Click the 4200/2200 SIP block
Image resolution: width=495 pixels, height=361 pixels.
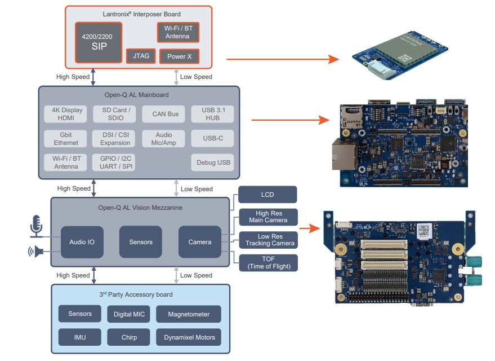[x=99, y=42]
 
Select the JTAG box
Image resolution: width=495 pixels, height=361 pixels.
[x=140, y=56]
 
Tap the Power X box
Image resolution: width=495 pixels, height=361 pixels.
[x=179, y=56]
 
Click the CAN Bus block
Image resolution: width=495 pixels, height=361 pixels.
[x=165, y=114]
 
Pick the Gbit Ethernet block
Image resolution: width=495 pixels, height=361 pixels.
[x=66, y=139]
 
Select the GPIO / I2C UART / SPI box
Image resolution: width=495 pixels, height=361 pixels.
[x=115, y=163]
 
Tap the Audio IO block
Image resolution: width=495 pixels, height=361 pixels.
[x=82, y=242]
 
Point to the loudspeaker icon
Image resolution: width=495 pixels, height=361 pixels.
[x=36, y=252]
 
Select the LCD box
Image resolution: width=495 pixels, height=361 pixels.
[x=267, y=195]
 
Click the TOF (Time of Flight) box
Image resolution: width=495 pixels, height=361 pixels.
[x=267, y=262]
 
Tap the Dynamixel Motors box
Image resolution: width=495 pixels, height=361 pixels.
[x=189, y=337]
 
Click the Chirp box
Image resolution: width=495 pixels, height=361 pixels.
[x=128, y=337]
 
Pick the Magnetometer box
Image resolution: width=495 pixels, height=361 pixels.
[x=189, y=314]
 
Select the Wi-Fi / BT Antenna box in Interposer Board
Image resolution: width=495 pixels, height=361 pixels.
[x=177, y=32]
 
